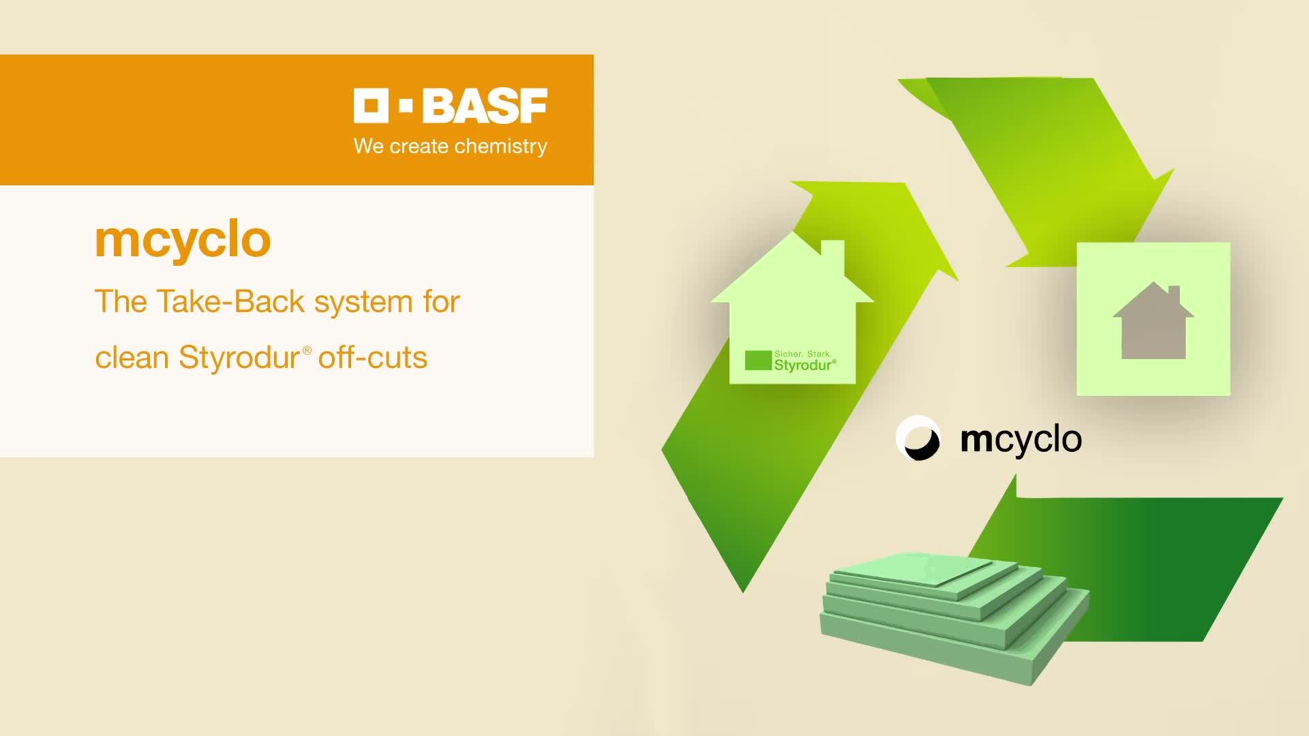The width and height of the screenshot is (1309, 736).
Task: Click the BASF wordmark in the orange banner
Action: point(485,106)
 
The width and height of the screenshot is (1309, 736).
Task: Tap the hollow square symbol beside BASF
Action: point(371,106)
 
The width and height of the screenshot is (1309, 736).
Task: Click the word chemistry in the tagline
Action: point(501,147)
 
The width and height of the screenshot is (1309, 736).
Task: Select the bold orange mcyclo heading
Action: point(183,240)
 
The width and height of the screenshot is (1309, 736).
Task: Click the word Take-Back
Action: point(230,301)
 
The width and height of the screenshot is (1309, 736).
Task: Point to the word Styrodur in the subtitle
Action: point(239,357)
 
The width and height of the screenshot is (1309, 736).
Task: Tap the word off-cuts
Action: point(373,357)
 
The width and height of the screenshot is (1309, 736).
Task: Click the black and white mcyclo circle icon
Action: point(918,438)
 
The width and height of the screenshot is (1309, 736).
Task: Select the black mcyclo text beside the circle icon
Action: point(1021,440)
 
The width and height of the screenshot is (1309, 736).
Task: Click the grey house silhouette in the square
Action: point(1154,320)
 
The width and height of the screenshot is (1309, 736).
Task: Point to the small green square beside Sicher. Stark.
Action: point(758,361)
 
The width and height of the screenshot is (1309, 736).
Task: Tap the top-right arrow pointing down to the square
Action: point(1043,170)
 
